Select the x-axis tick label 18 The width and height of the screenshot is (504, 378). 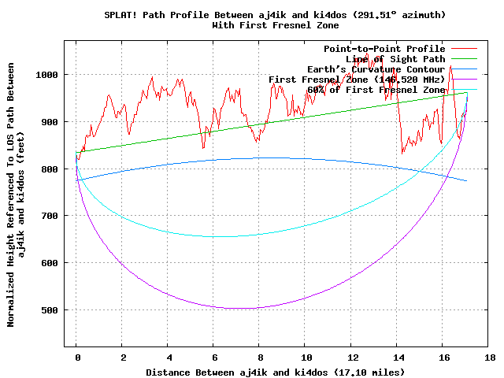(489, 357)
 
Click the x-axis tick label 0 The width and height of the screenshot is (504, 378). (76, 357)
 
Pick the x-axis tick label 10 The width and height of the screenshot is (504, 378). (306, 357)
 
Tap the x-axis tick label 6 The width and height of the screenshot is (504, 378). (214, 357)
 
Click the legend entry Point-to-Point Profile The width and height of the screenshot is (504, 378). (384, 49)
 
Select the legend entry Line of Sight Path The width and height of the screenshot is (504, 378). (395, 59)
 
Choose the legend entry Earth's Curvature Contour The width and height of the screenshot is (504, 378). (375, 69)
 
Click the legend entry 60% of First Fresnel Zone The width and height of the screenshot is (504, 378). (376, 90)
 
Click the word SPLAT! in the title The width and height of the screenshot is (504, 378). (122, 15)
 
